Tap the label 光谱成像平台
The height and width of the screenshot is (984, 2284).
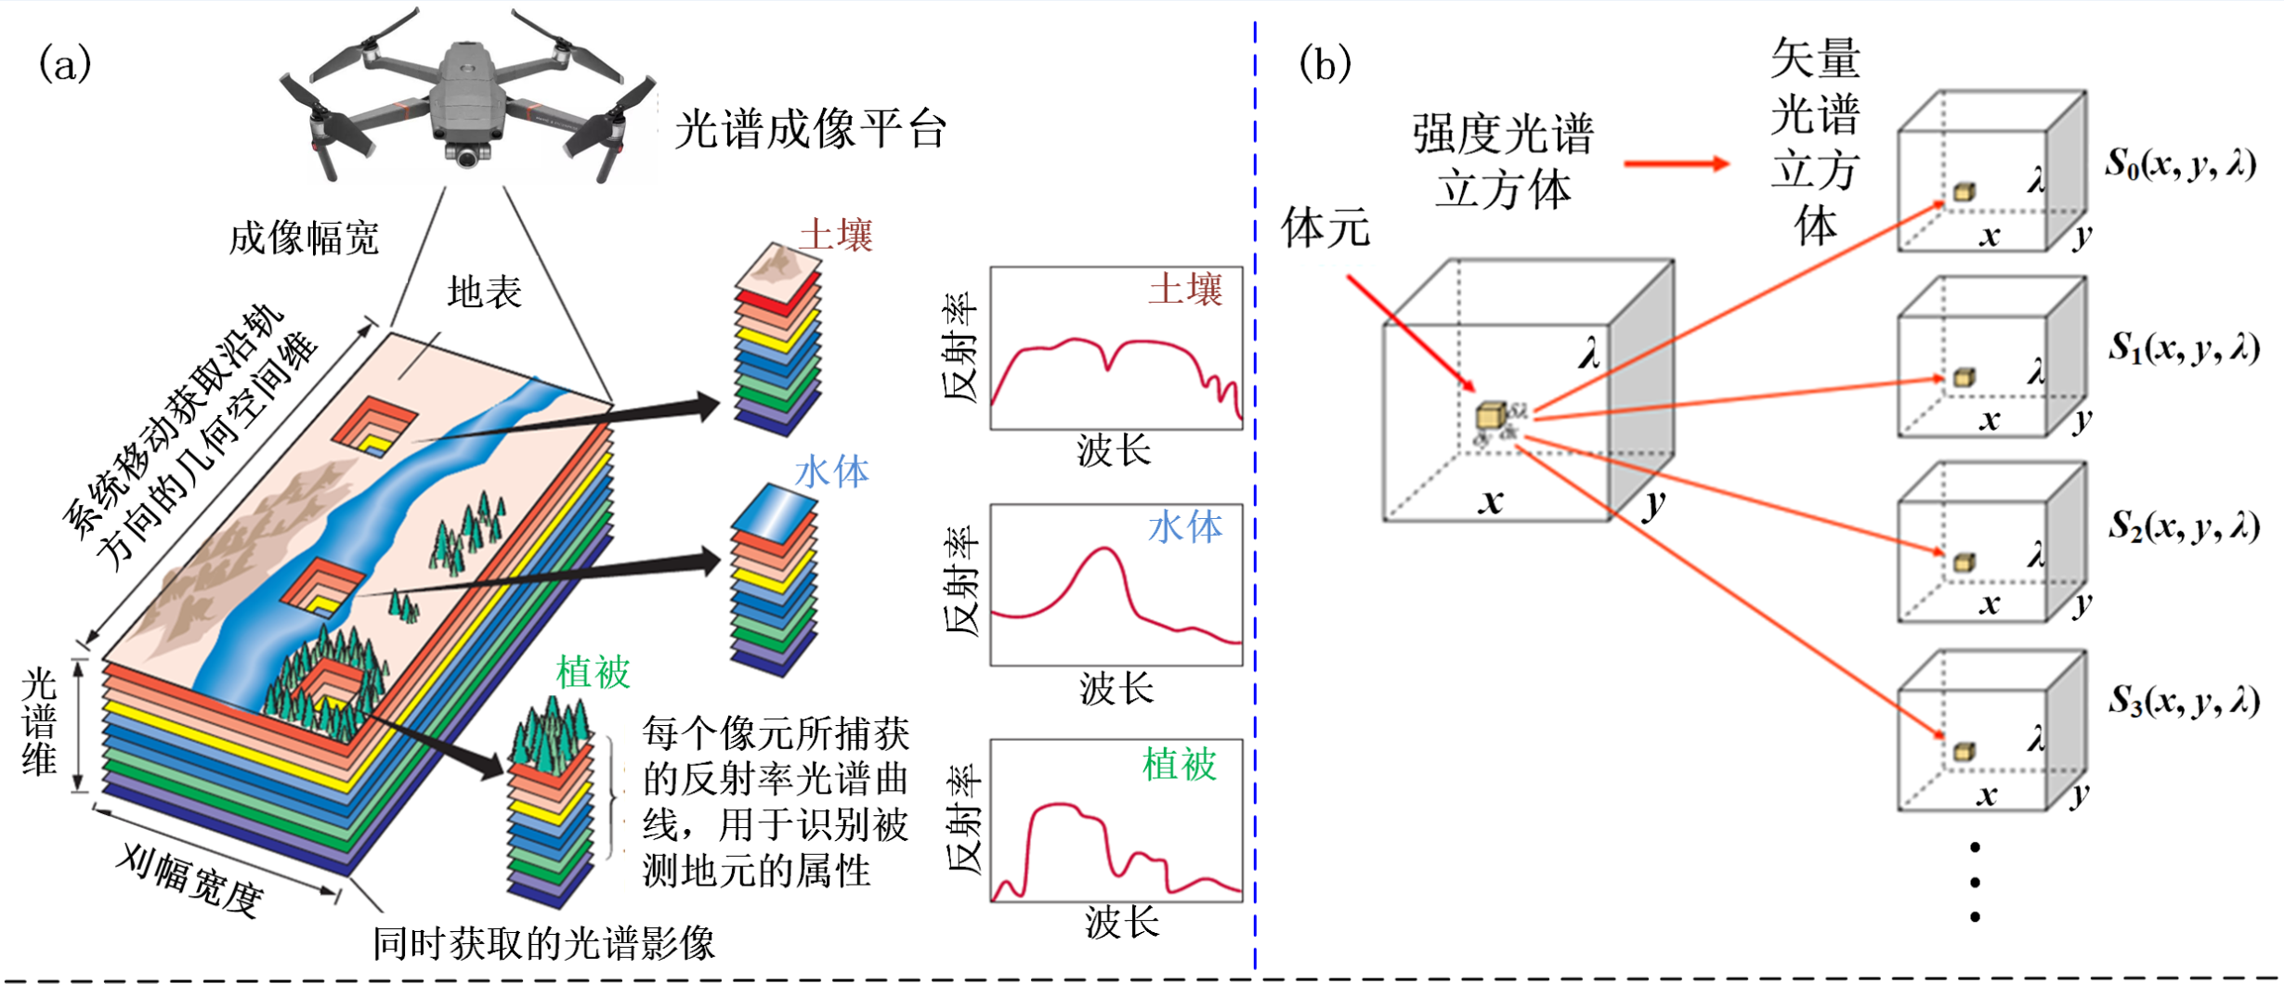[810, 129]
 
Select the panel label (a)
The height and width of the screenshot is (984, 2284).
[65, 65]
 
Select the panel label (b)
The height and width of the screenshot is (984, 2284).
[1325, 65]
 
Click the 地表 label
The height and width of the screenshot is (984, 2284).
[484, 292]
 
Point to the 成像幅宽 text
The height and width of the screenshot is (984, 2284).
[304, 239]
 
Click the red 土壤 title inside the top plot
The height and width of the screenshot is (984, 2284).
[1185, 290]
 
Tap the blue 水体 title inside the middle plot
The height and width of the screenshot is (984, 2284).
[1185, 527]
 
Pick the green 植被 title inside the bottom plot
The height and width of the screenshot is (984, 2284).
[1179, 765]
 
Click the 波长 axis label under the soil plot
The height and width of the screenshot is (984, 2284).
[1115, 451]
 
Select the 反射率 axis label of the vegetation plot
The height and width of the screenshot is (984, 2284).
[962, 820]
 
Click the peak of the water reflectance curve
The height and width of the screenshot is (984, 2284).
[1104, 550]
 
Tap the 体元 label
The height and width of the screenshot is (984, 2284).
[1325, 228]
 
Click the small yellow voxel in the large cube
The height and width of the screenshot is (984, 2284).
[1490, 416]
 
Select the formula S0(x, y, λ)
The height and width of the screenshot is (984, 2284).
[2180, 164]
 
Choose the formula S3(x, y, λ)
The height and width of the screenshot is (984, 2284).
[2183, 701]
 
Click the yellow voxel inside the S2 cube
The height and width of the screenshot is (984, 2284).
[1964, 563]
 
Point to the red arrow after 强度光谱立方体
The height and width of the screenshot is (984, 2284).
[1676, 164]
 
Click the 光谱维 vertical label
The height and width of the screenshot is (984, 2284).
[39, 721]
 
